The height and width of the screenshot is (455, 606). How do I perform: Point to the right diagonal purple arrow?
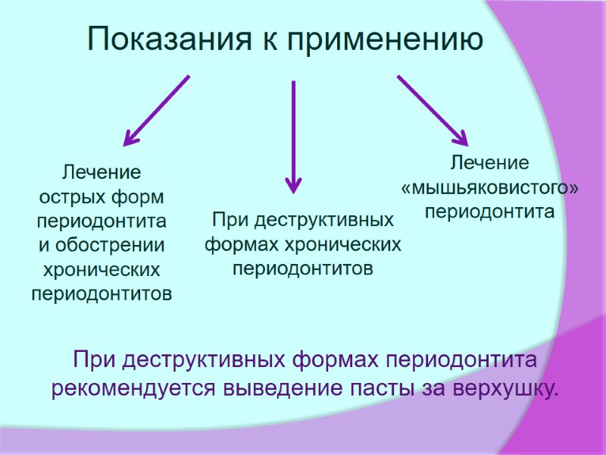pyautogui.click(x=432, y=109)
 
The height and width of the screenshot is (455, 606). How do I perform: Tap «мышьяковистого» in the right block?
pyautogui.click(x=489, y=186)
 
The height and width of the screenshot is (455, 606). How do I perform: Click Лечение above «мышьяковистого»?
pyautogui.click(x=489, y=162)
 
